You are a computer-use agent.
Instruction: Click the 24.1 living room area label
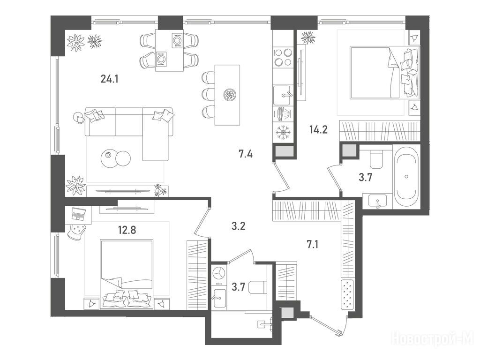(x=109, y=79)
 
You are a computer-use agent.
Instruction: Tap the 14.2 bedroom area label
(x=318, y=130)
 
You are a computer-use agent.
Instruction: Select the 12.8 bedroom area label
(x=127, y=229)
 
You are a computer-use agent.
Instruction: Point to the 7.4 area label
(x=246, y=154)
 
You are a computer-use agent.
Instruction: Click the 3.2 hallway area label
(x=238, y=227)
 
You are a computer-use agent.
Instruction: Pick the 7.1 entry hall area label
(x=312, y=244)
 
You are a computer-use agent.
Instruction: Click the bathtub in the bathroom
(x=406, y=177)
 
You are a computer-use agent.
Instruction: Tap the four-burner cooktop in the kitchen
(x=283, y=57)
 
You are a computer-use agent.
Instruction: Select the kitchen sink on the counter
(x=283, y=95)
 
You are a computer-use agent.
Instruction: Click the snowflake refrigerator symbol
(x=283, y=133)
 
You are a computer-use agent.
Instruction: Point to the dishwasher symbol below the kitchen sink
(x=283, y=114)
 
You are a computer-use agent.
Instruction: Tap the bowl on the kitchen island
(x=229, y=95)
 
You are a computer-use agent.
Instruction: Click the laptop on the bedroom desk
(x=77, y=213)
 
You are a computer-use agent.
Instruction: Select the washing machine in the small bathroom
(x=219, y=273)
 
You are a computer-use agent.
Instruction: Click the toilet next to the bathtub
(x=375, y=159)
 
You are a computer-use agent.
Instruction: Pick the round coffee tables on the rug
(x=115, y=158)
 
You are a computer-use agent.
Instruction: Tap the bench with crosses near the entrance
(x=347, y=293)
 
